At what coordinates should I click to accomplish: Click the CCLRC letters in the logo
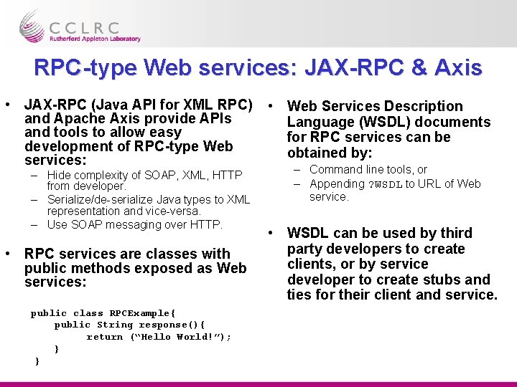[x=94, y=28]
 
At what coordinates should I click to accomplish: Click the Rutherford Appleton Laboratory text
[x=96, y=39]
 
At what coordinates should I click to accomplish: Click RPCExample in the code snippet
[x=141, y=313]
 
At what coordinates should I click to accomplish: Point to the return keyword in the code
[x=105, y=337]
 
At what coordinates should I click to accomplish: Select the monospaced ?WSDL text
[x=385, y=184]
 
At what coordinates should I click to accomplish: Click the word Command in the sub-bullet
[x=335, y=170]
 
